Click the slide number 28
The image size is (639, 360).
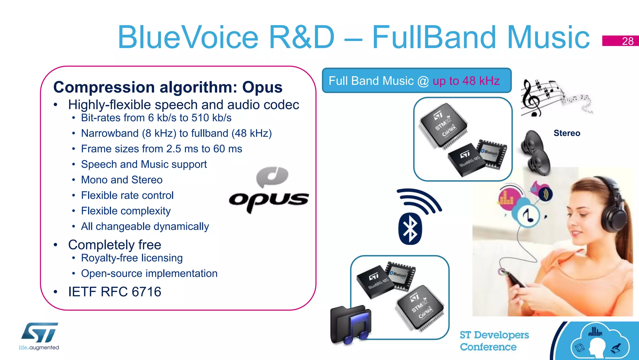coord(627,41)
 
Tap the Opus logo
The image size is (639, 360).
coord(269,191)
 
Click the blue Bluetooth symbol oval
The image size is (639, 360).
coord(410,229)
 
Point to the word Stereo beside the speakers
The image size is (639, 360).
coord(567,133)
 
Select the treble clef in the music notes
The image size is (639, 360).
coord(531,99)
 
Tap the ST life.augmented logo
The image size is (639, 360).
coord(39,336)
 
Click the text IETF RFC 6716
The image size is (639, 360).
coord(115,292)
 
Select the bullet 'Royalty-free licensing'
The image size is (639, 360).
coord(132,258)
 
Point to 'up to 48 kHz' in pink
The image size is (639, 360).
coord(466,81)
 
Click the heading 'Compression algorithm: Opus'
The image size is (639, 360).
coord(168,87)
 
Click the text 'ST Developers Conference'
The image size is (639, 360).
coord(494,341)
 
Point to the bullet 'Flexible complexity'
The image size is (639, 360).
coord(126,211)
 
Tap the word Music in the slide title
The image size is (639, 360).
coord(548,37)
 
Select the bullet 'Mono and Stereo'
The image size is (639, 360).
coord(122,180)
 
